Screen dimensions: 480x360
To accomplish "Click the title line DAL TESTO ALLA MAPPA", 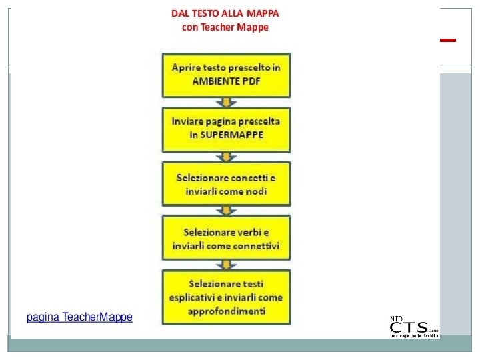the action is click(225, 13).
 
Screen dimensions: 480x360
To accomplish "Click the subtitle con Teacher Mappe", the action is click(225, 27).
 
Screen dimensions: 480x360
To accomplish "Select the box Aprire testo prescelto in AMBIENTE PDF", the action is click(226, 75).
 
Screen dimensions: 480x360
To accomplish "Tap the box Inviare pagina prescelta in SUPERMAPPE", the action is click(226, 129).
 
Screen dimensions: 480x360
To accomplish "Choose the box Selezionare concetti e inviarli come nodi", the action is click(226, 184).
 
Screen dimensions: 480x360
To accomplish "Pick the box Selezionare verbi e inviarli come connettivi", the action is click(226, 239).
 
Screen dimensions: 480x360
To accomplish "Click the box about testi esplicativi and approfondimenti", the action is click(226, 297).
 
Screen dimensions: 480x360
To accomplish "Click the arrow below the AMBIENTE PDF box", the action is click(226, 102).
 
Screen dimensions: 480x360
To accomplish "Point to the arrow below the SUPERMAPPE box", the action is click(226, 157).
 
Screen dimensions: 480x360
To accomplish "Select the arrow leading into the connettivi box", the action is click(226, 211).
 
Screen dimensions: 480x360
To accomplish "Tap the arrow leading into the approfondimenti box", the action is click(226, 265).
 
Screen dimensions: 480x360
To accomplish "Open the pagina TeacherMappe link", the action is click(79, 317).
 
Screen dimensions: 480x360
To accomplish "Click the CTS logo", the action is click(413, 328).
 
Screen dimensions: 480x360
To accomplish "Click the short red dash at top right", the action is click(448, 41).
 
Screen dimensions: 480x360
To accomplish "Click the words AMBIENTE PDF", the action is click(226, 81).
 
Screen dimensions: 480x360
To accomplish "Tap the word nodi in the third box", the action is click(255, 191).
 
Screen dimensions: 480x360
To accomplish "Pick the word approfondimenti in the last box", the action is click(226, 310).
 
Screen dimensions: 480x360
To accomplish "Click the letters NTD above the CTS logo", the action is click(396, 317).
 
